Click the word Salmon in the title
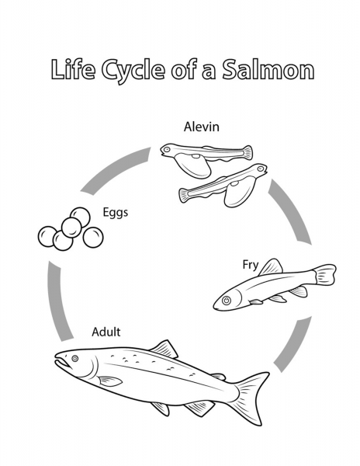coord(268,70)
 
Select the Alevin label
coord(202,127)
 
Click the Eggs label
coord(116,213)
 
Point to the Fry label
coord(251,265)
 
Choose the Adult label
coord(106,332)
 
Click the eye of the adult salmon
coord(75,358)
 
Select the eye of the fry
coord(227,301)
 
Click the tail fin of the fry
coord(324,274)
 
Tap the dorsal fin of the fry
coord(271,266)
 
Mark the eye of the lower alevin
coord(261,169)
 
